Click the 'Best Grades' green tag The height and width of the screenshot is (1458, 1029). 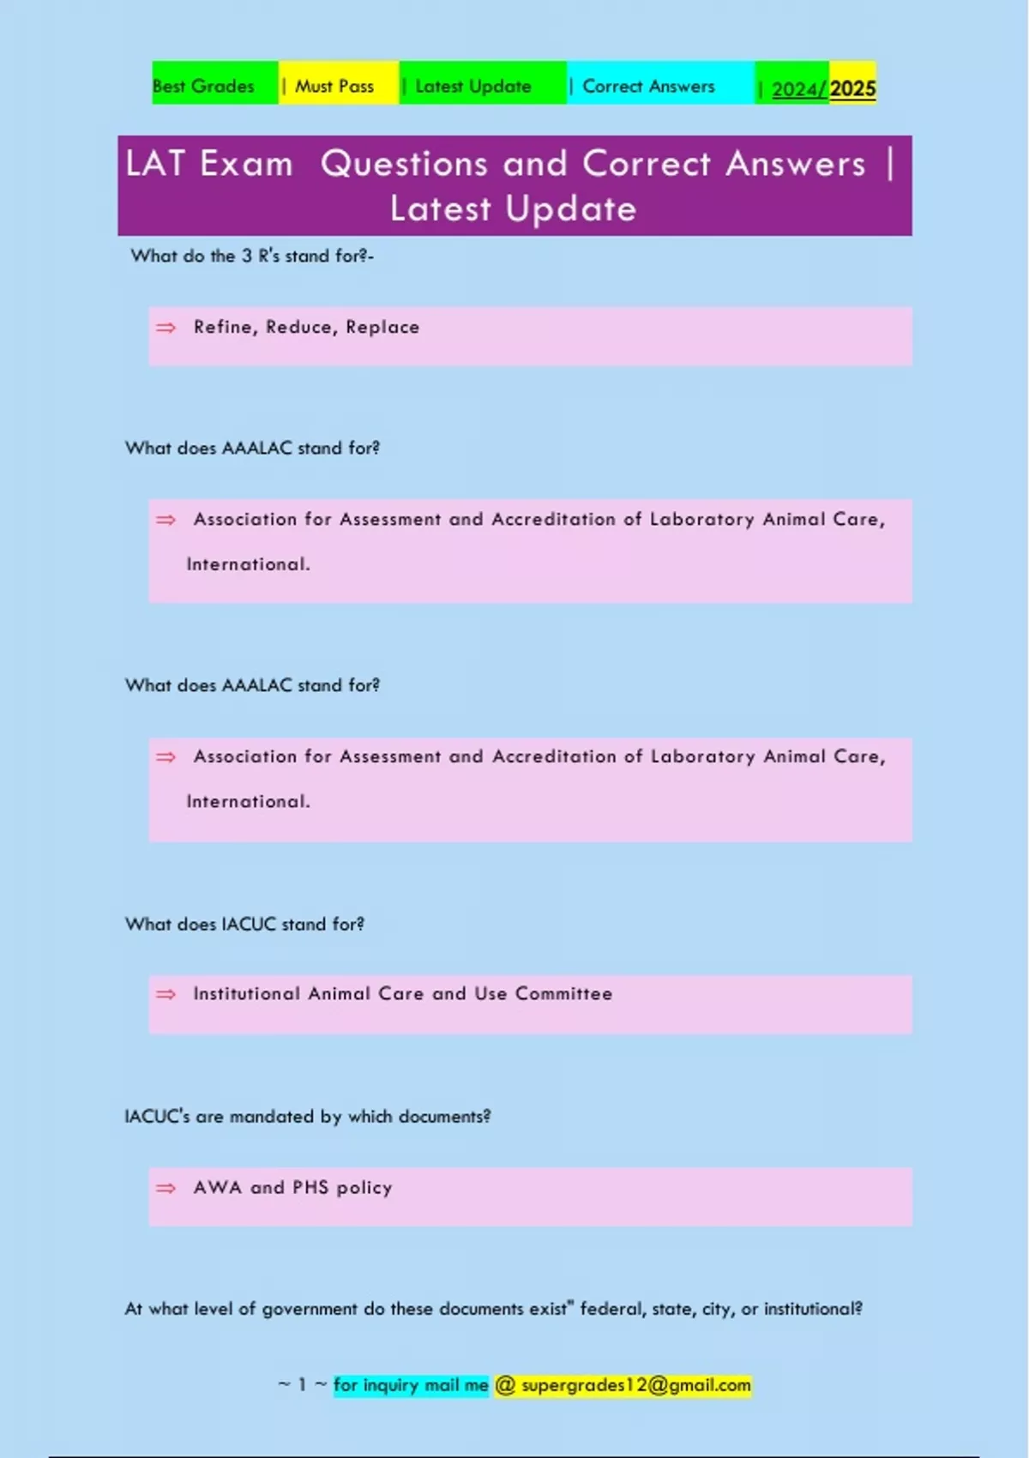204,86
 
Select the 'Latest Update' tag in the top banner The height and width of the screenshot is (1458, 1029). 472,86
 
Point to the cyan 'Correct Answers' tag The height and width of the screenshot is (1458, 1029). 648,86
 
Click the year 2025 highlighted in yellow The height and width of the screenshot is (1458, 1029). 852,88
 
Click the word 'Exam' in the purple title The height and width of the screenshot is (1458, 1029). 246,164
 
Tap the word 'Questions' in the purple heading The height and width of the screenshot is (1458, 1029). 404,164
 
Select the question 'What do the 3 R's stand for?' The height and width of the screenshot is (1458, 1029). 251,256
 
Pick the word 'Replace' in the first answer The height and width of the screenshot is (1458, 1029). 382,327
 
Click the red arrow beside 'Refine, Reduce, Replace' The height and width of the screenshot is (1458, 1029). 165,328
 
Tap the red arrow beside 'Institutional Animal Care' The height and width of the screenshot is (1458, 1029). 165,994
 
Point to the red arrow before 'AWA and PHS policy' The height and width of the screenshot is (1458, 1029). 165,1188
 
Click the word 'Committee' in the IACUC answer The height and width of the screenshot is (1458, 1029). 563,993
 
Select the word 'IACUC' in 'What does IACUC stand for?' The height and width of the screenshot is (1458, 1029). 249,924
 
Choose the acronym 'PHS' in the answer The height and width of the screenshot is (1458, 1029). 310,1187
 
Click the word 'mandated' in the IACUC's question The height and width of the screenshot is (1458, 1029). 272,1116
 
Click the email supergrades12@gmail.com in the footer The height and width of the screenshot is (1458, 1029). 635,1385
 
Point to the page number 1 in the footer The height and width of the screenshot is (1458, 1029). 302,1385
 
